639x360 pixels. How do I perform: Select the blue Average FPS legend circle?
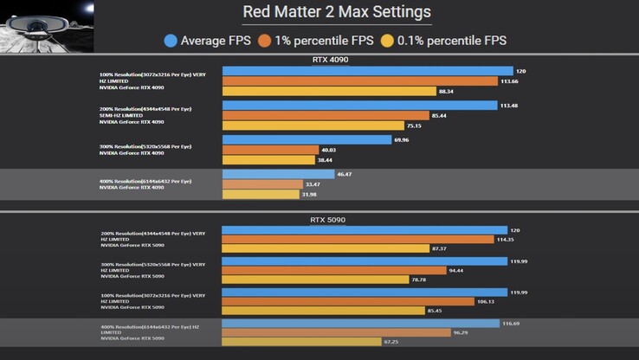(x=171, y=40)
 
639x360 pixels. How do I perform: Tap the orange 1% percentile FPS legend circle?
(x=264, y=40)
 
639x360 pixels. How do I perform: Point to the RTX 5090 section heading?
(x=327, y=220)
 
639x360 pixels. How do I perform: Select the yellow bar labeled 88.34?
(x=329, y=91)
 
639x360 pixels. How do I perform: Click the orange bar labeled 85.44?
(x=325, y=115)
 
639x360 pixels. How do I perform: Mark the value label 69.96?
(x=401, y=139)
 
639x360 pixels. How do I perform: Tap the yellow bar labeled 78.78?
(x=315, y=280)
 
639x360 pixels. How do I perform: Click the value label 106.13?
(x=487, y=302)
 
